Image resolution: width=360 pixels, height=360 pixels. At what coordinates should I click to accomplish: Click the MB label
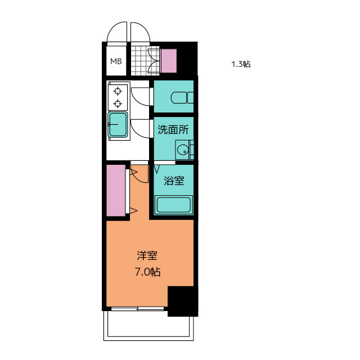coord(116,61)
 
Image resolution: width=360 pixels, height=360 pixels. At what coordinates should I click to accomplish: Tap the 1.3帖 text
coord(241,64)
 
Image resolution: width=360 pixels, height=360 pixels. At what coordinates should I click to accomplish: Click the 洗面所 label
coord(173,130)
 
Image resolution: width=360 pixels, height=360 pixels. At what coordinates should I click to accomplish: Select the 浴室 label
coord(174,181)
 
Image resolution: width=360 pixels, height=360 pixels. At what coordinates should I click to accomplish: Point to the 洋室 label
coord(147,256)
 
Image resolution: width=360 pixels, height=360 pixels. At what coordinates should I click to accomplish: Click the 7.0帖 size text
coord(147,272)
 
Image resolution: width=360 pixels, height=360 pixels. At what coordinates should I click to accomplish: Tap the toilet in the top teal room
coord(182,97)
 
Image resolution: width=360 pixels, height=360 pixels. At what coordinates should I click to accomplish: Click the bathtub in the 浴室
coord(174,205)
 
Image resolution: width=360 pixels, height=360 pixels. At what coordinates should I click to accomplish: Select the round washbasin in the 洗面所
coord(183,150)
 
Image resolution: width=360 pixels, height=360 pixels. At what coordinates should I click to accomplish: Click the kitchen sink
coord(118,125)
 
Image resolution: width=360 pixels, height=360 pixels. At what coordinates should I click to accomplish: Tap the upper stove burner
coord(118,91)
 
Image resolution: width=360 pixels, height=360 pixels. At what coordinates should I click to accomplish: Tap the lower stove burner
coord(118,103)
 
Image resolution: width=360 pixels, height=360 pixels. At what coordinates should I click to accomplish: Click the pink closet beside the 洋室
coord(116,190)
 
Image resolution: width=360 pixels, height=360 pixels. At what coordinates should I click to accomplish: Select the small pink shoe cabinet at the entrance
coord(169,61)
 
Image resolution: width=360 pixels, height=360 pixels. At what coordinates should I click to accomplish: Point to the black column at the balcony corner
coord(182,301)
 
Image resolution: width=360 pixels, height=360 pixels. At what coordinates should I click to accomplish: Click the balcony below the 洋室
coord(148,326)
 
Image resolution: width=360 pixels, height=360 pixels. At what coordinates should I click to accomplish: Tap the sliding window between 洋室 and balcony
coord(137,309)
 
